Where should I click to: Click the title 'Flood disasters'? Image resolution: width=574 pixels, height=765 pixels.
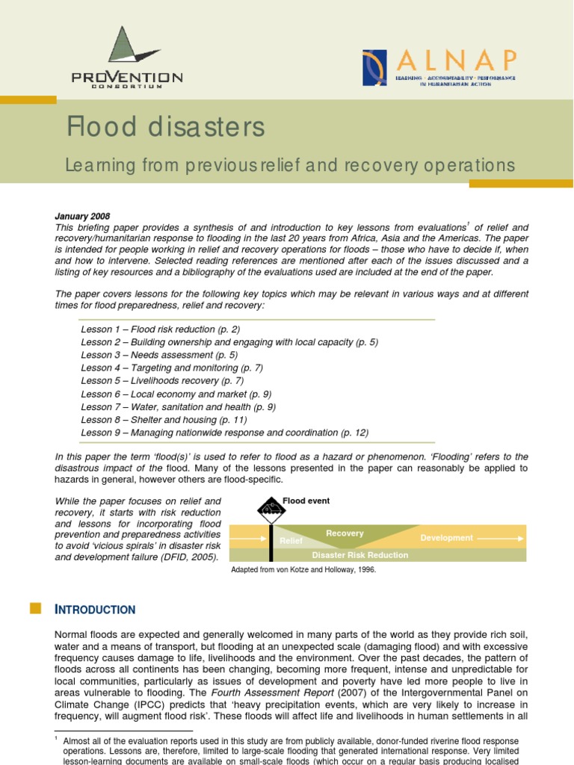165,128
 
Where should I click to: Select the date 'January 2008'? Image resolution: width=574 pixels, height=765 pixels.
83,217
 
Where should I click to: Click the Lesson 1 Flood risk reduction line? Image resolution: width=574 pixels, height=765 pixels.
161,329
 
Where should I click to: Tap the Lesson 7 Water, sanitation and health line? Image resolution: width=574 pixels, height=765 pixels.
179,406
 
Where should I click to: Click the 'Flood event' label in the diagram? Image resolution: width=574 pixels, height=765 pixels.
306,501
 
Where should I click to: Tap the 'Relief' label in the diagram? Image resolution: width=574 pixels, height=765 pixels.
291,540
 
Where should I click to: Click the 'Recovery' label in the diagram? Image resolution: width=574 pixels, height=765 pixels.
345,533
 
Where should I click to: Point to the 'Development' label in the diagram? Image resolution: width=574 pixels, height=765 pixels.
446,538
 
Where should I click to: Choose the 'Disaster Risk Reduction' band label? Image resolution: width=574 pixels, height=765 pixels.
359,555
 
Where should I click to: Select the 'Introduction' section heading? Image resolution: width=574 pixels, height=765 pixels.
95,610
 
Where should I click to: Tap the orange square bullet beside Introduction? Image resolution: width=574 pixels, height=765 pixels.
35,608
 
